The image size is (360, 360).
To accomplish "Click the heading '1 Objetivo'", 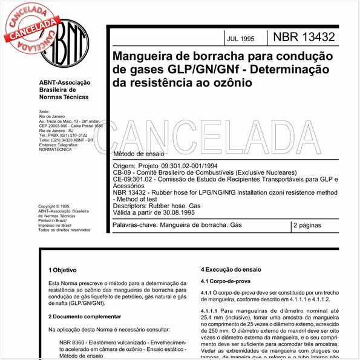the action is (64, 269).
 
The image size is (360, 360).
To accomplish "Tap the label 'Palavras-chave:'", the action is (134, 225).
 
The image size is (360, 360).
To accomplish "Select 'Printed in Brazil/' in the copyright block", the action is (52, 221).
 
